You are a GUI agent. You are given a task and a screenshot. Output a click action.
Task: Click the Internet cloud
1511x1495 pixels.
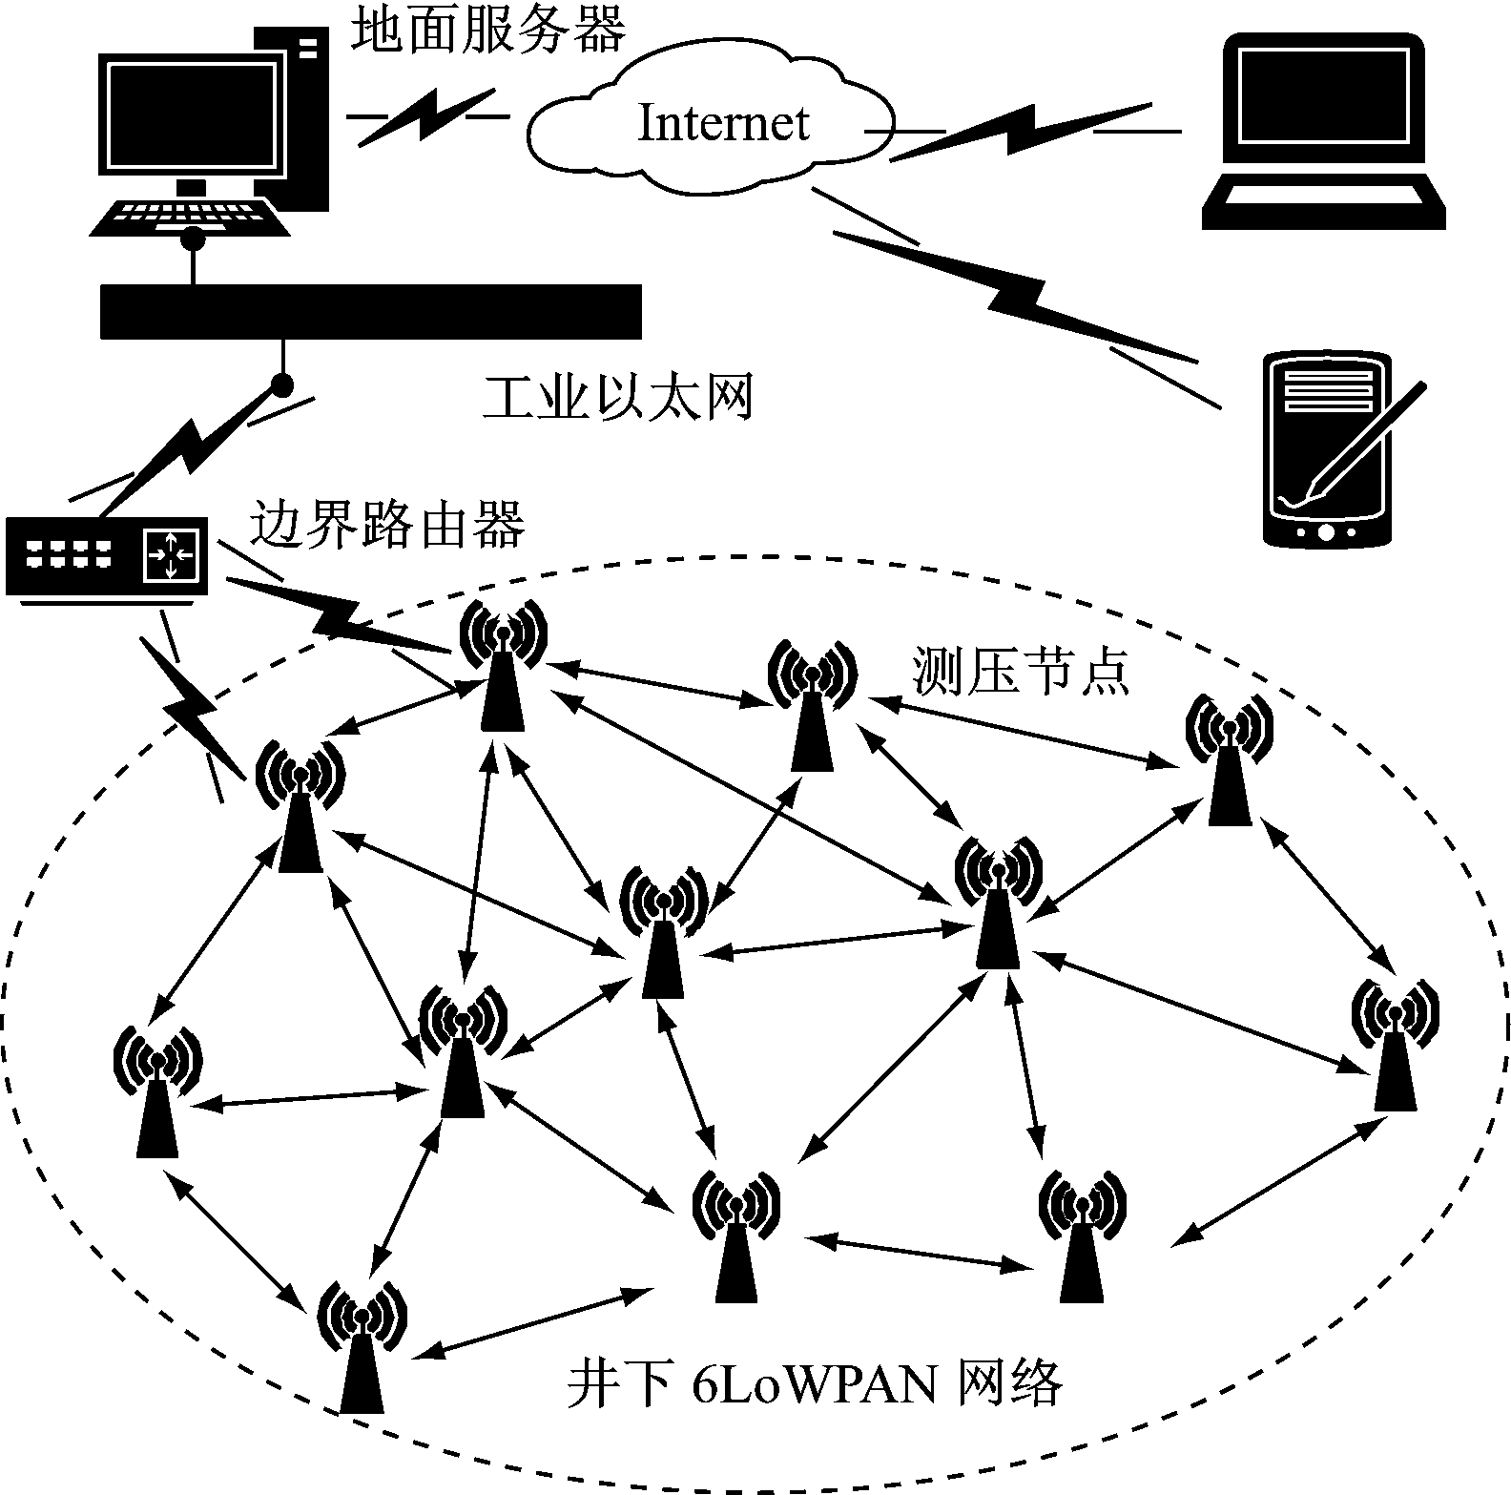coord(711,122)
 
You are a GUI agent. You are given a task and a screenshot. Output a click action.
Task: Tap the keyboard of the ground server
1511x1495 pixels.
coord(191,217)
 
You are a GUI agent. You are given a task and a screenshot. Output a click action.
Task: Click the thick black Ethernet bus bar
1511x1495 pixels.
coord(370,311)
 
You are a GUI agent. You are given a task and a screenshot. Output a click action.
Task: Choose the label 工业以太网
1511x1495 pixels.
coord(618,398)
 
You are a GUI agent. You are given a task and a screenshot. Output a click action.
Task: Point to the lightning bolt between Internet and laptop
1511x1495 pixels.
coord(1021,129)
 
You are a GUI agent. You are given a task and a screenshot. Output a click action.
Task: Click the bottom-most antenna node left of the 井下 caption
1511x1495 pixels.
coord(362,1345)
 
